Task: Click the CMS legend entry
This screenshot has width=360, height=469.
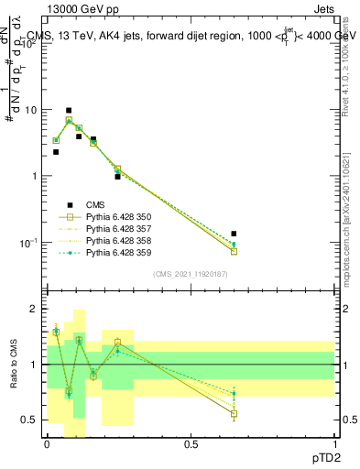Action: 96,205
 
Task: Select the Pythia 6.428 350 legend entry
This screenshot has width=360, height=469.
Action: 115,217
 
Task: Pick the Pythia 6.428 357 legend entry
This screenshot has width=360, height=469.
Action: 115,229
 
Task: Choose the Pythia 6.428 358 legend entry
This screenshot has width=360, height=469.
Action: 115,241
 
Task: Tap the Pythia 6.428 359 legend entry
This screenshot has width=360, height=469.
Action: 115,253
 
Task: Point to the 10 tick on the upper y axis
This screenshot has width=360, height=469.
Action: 31,110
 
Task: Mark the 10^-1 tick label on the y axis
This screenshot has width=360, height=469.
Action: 27,243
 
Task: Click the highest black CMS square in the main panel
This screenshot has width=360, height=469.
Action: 70,111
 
